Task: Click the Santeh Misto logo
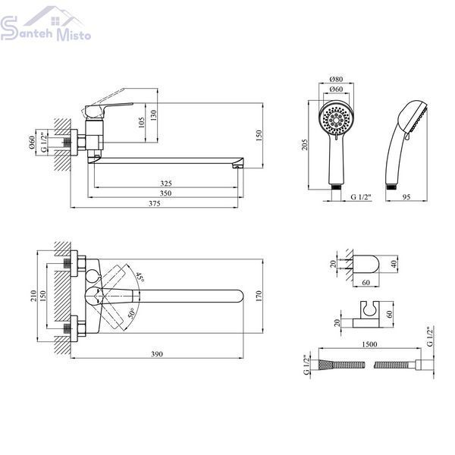(x=45, y=25)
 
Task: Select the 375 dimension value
(x=155, y=203)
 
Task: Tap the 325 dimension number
(x=166, y=184)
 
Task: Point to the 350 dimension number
(x=166, y=193)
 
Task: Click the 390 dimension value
(x=157, y=354)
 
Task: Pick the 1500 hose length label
(x=369, y=344)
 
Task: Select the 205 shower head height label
(x=305, y=145)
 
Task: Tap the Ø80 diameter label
(x=336, y=79)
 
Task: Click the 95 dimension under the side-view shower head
(x=406, y=196)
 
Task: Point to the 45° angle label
(x=140, y=278)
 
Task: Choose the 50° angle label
(x=131, y=313)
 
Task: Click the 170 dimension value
(x=259, y=296)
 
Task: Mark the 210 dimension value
(x=33, y=296)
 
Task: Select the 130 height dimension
(x=153, y=115)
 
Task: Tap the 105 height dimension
(x=141, y=123)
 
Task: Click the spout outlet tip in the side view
(x=237, y=166)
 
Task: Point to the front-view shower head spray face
(x=336, y=119)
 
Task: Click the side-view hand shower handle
(x=394, y=158)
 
